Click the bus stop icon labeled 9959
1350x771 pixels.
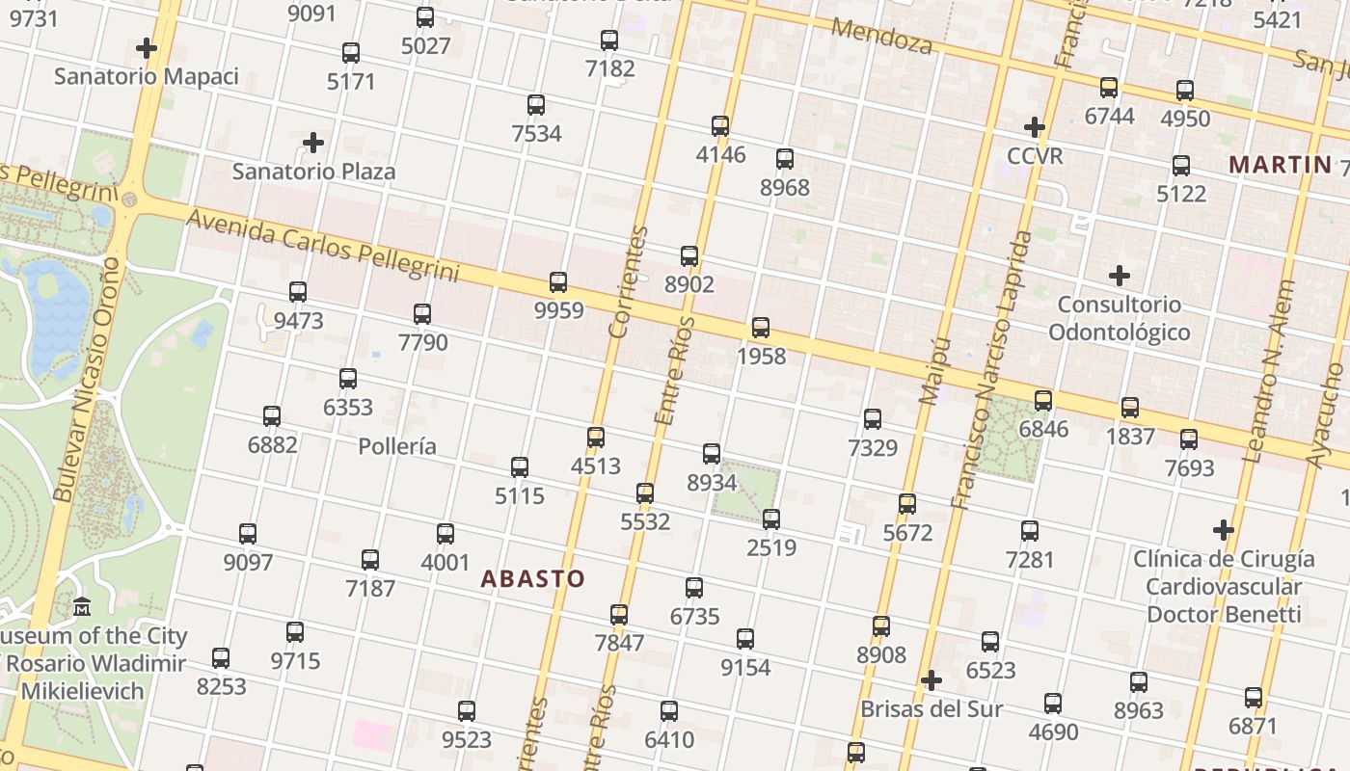tap(558, 282)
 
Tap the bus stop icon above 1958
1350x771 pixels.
tap(761, 328)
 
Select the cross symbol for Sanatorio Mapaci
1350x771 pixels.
tap(147, 48)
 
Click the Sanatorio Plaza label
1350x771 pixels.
tap(313, 172)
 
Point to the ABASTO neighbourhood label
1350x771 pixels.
tap(532, 579)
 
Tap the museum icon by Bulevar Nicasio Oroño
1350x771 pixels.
tap(83, 607)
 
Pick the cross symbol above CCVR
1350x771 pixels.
tap(1035, 127)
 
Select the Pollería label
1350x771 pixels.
tap(396, 446)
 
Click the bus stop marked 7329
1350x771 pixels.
tap(873, 419)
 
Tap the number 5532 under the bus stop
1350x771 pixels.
tap(645, 521)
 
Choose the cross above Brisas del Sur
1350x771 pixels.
tap(931, 681)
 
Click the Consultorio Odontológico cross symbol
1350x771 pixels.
tap(1119, 277)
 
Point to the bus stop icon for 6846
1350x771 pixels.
tap(1043, 401)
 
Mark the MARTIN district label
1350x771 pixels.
tap(1280, 165)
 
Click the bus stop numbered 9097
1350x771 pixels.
tap(248, 534)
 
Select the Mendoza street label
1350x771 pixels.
tap(881, 37)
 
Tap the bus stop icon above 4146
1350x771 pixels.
tap(720, 126)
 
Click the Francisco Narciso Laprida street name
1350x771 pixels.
tap(991, 370)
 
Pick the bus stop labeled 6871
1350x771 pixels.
tap(1254, 698)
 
